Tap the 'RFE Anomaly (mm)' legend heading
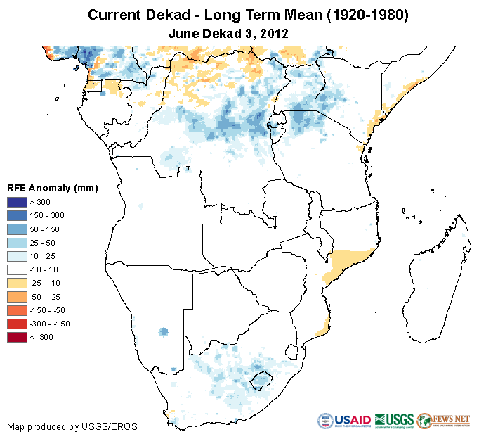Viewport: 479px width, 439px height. [x=52, y=188]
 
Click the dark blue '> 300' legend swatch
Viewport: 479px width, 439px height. [x=17, y=202]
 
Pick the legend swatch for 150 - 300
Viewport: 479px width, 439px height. [x=17, y=215]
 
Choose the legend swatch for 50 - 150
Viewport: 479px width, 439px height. [x=17, y=229]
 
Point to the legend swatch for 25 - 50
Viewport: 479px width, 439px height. [x=17, y=242]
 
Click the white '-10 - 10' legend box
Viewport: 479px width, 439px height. [x=17, y=269]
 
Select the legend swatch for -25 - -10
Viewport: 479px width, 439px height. [x=17, y=283]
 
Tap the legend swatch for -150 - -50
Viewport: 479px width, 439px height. [x=17, y=310]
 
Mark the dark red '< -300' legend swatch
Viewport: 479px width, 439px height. [x=17, y=337]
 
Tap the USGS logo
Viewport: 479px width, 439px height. [x=394, y=420]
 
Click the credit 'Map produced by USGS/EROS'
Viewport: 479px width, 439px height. [x=72, y=426]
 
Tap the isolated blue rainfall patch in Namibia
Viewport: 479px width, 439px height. [x=164, y=331]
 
